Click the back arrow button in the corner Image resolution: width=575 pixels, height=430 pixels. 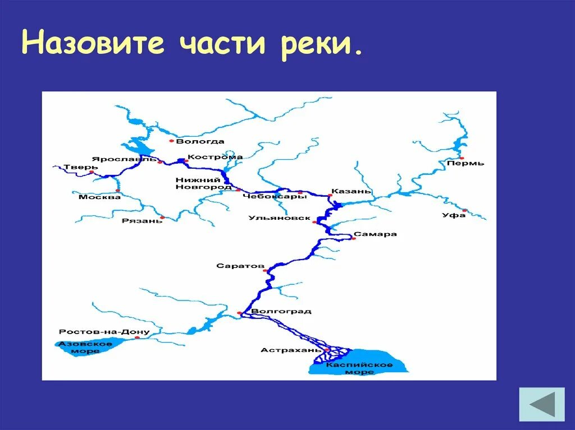pos(542,404)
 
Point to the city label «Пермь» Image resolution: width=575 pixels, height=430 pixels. pos(466,163)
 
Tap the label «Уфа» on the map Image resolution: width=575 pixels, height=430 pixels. pos(454,215)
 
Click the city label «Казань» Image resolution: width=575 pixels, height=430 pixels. pos(351,191)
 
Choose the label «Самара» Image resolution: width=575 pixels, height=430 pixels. pos(375,234)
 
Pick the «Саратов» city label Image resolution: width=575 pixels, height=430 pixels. pos(240,266)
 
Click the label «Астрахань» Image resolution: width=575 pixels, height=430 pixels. pos(284,350)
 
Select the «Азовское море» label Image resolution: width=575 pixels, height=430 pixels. pos(86,347)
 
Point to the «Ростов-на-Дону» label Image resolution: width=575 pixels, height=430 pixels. pos(104,332)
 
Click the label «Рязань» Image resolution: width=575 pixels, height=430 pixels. pos(142,221)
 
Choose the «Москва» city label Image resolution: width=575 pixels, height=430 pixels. pos(99,197)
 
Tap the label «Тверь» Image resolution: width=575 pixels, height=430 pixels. pos(74,167)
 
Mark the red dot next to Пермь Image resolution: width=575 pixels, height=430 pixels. pos(462,158)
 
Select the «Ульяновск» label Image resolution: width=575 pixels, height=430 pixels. pos(279,218)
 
